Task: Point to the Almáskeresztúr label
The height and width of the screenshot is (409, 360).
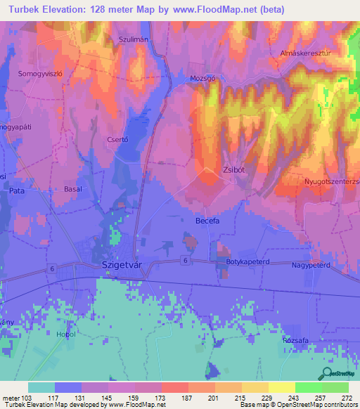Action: tap(304, 53)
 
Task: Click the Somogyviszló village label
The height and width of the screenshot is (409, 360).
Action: tap(40, 74)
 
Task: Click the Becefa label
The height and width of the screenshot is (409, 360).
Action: tap(209, 221)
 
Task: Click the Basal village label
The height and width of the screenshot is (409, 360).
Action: tap(73, 190)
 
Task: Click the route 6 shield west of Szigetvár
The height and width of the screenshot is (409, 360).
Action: tap(52, 269)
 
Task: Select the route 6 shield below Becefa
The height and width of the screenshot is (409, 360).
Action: tap(184, 260)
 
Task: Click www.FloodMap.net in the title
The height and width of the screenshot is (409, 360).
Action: tap(214, 9)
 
